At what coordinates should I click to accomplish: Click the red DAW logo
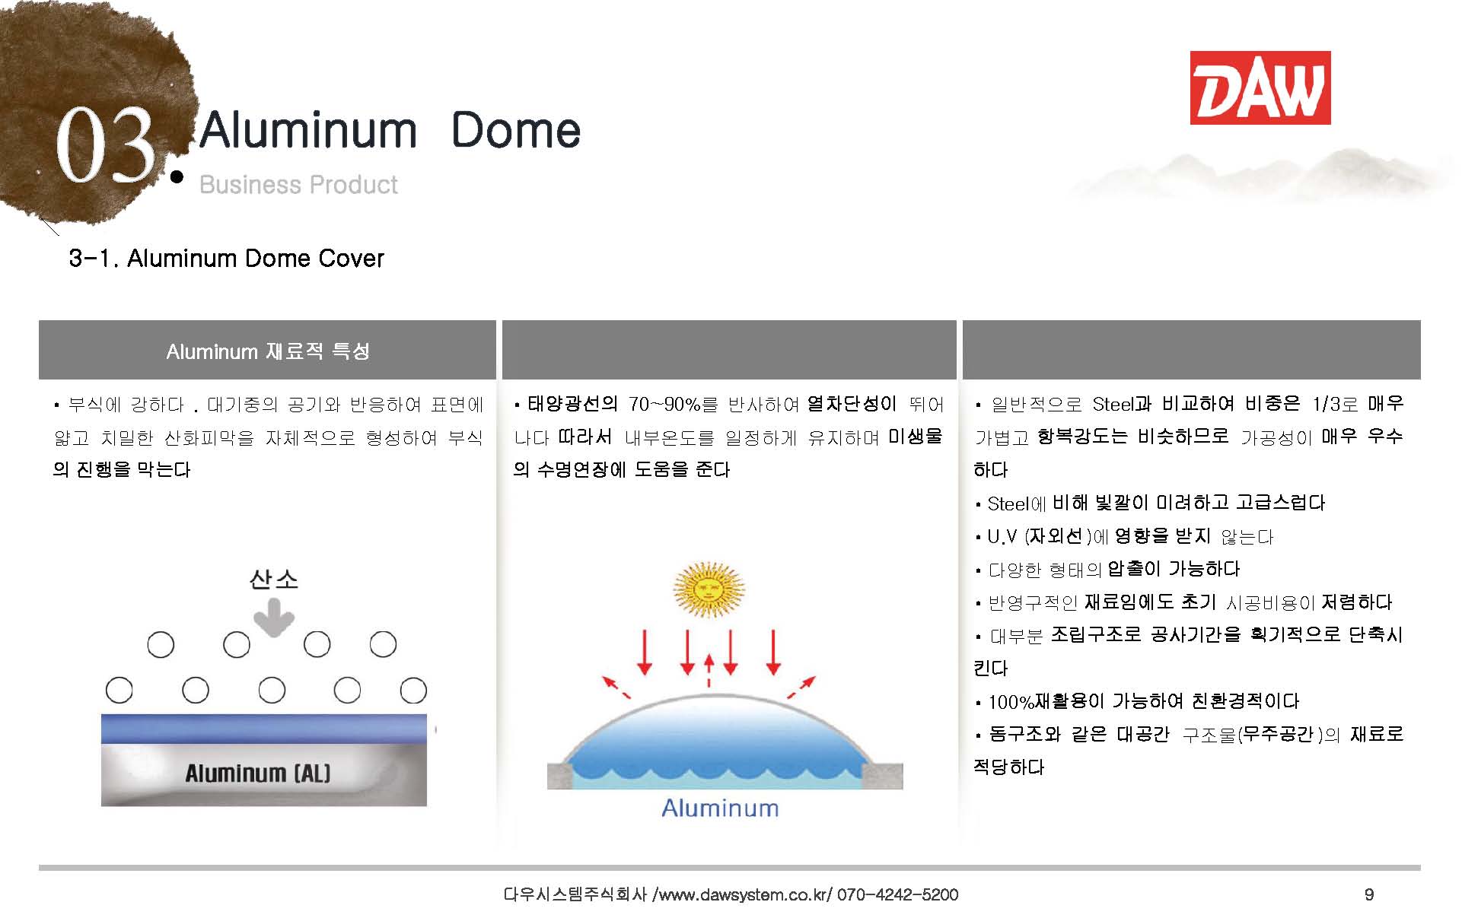pos(1260,87)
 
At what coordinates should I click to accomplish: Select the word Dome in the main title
pos(515,130)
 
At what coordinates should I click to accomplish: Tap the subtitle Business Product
pos(298,185)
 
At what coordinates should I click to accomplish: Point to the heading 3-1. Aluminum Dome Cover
pos(226,259)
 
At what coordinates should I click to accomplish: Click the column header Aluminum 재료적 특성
pos(268,351)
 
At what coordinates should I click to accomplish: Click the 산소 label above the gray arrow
pos(273,580)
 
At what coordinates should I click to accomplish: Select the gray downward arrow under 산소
pos(273,617)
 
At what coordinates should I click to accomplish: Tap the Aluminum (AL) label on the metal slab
pos(258,773)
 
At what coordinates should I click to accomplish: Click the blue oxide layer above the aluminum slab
pos(264,729)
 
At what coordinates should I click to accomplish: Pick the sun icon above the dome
pos(709,589)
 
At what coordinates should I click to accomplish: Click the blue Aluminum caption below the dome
pos(720,808)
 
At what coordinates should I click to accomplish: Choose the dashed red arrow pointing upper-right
pos(801,686)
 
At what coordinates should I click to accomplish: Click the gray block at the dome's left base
pos(564,776)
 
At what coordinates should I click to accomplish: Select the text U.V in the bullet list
pos(1002,537)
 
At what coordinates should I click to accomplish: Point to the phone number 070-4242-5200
pos(898,895)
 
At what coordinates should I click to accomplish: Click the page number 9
pos(1369,895)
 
